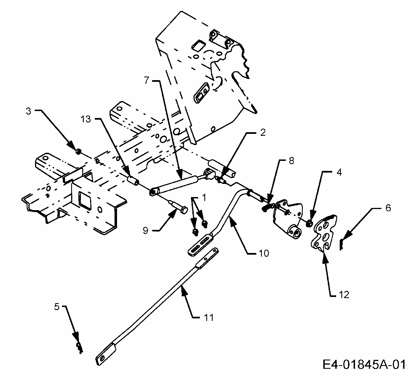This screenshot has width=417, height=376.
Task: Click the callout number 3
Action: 28,111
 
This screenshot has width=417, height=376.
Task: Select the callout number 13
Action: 86,119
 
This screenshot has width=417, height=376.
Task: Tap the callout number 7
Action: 147,80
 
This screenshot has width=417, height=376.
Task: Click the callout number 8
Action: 291,161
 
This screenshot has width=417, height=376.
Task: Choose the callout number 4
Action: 339,173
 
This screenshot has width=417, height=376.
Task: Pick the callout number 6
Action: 388,208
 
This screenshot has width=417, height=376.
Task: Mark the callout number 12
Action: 344,295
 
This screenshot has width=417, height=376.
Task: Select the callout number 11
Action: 209,317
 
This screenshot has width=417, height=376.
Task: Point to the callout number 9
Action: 146,231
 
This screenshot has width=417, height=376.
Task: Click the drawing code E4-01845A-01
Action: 364,364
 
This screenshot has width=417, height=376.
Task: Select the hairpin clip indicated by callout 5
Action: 80,347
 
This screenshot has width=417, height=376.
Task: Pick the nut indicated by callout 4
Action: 309,223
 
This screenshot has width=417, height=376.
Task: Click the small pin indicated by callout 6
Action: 342,245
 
